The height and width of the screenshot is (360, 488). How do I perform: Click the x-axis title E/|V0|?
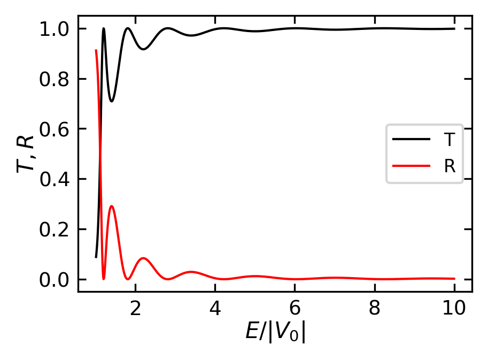[x=275, y=332]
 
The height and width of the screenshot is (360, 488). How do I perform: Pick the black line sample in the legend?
[x=411, y=140]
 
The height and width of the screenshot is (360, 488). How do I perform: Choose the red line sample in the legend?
[x=411, y=166]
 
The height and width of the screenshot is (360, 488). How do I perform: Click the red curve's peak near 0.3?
[x=112, y=206]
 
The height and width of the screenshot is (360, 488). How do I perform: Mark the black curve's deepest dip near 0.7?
[x=112, y=101]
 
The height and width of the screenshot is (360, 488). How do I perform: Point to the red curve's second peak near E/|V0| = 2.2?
[x=143, y=258]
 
